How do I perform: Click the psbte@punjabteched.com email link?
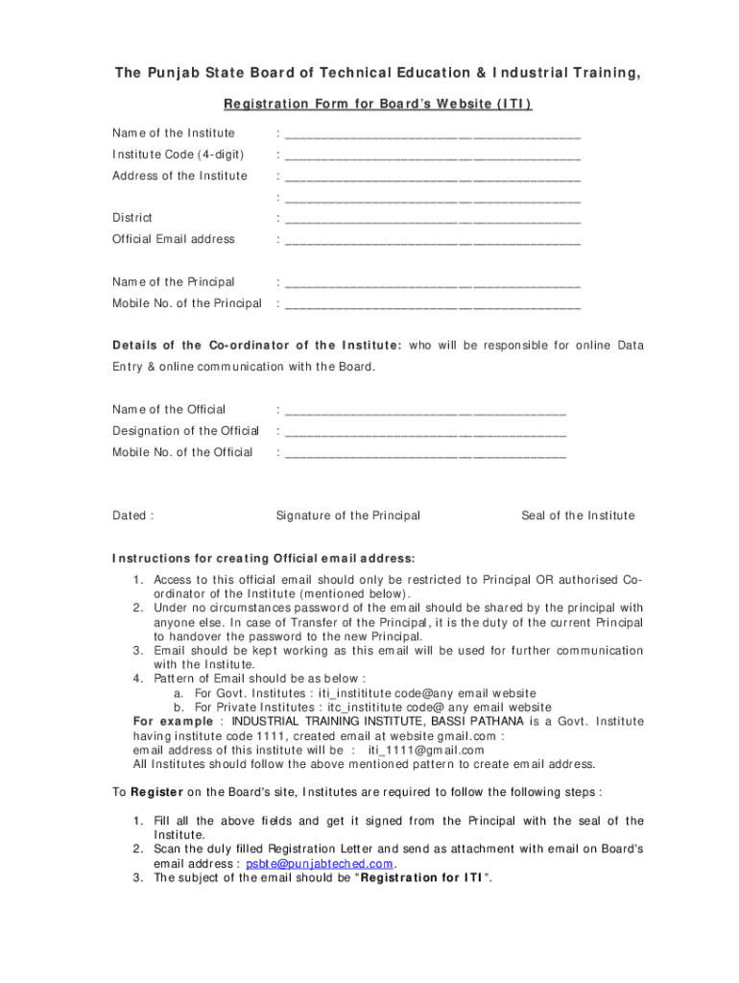point(320,863)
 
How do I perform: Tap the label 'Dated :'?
point(132,515)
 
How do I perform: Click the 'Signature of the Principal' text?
point(347,515)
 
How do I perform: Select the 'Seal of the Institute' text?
point(578,515)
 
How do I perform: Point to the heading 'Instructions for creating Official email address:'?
point(264,558)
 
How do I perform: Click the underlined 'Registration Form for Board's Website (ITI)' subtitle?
point(377,104)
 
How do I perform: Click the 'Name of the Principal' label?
point(174,282)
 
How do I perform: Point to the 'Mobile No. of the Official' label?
point(182,452)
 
